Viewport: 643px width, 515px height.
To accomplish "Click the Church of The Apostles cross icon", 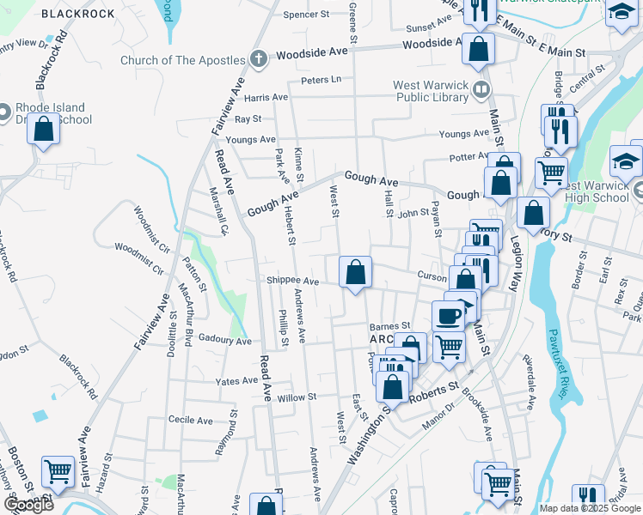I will click(258, 60).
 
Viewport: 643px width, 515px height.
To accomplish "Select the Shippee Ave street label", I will click(292, 281).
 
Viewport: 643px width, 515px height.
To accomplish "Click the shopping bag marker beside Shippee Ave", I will click(355, 275).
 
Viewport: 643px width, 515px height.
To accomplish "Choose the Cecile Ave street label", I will click(190, 421).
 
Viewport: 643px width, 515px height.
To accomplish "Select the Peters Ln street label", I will click(321, 80).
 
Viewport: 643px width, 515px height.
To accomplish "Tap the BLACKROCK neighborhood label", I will click(78, 14).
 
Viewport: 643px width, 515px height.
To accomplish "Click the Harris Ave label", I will click(266, 99).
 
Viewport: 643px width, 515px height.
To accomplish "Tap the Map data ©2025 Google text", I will click(590, 508).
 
